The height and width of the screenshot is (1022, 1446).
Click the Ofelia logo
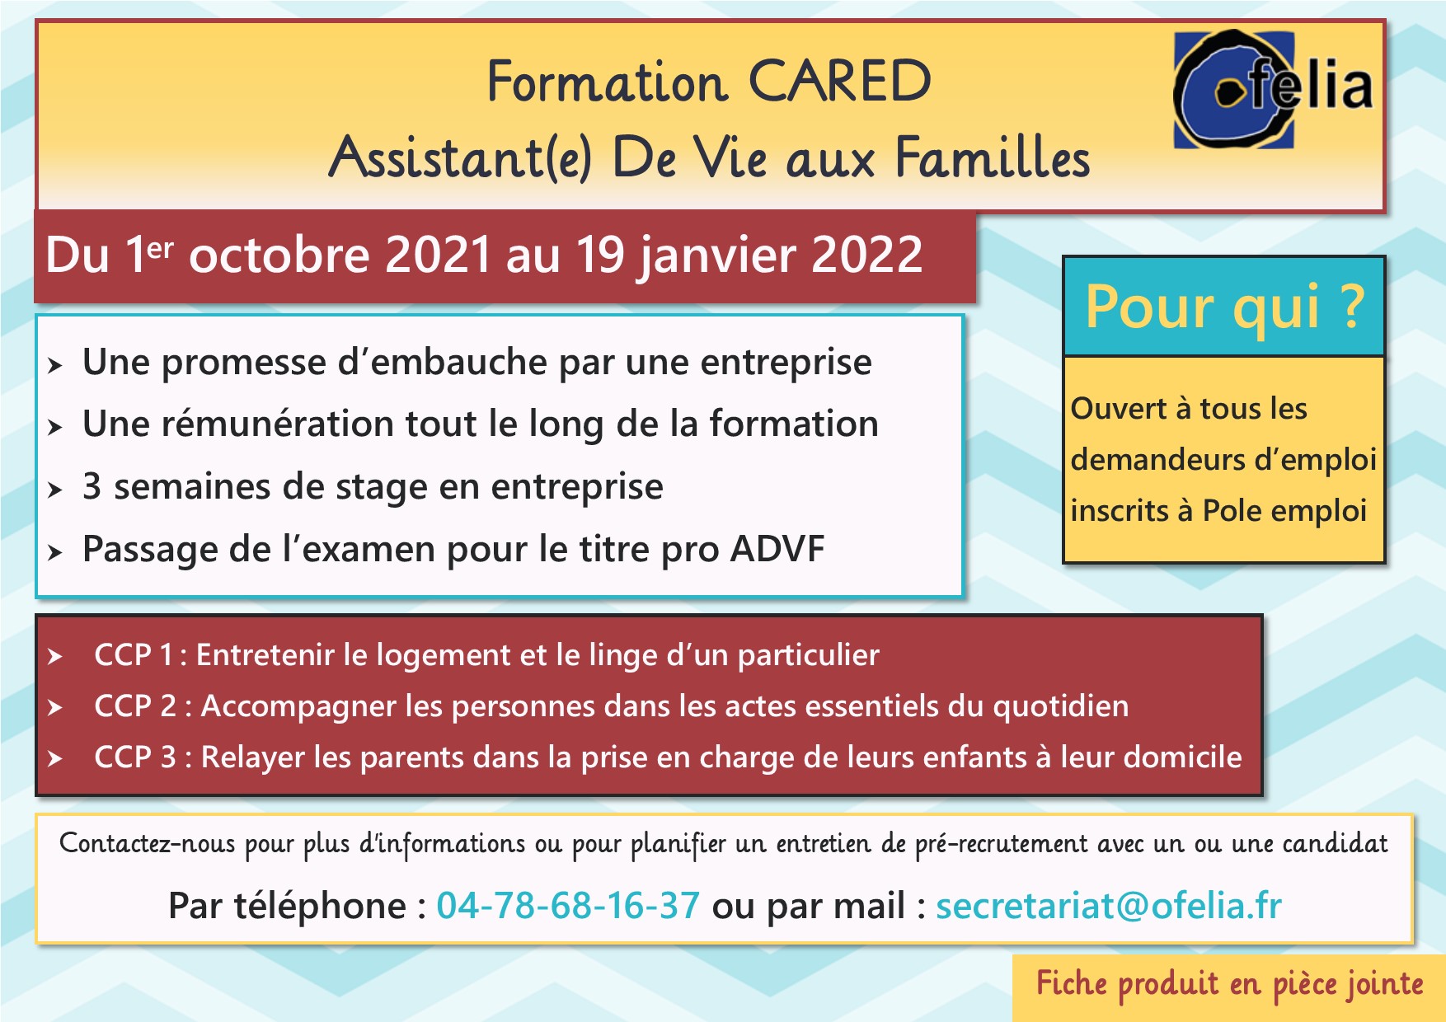pyautogui.click(x=1273, y=89)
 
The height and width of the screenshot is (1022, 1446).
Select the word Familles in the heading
pyautogui.click(x=993, y=157)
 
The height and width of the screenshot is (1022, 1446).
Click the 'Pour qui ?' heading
pyautogui.click(x=1224, y=307)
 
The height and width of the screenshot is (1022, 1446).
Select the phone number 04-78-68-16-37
pyautogui.click(x=568, y=906)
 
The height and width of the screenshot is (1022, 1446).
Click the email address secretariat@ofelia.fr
pyautogui.click(x=1109, y=906)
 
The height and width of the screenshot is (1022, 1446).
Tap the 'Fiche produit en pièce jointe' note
pyautogui.click(x=1230, y=984)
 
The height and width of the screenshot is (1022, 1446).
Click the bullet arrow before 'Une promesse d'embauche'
pyautogui.click(x=55, y=365)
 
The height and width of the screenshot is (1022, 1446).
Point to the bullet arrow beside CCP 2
pyautogui.click(x=55, y=707)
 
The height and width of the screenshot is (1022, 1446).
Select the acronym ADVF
pyautogui.click(x=777, y=549)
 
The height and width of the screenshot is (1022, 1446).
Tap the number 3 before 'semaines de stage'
pyautogui.click(x=92, y=486)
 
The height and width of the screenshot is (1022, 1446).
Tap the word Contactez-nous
pyautogui.click(x=148, y=844)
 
